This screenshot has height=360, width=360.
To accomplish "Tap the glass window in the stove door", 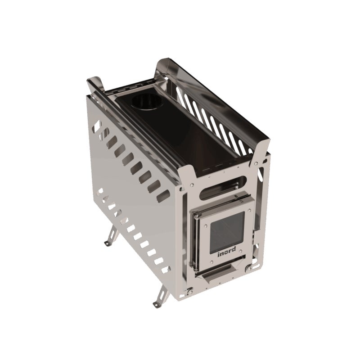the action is [x=227, y=231].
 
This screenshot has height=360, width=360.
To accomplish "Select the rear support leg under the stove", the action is [x=112, y=236].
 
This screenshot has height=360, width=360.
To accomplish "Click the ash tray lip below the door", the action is [x=217, y=273].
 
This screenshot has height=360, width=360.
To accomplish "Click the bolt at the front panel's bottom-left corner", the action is [x=190, y=291].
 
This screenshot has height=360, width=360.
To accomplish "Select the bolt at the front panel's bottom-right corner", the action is [x=248, y=268].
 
